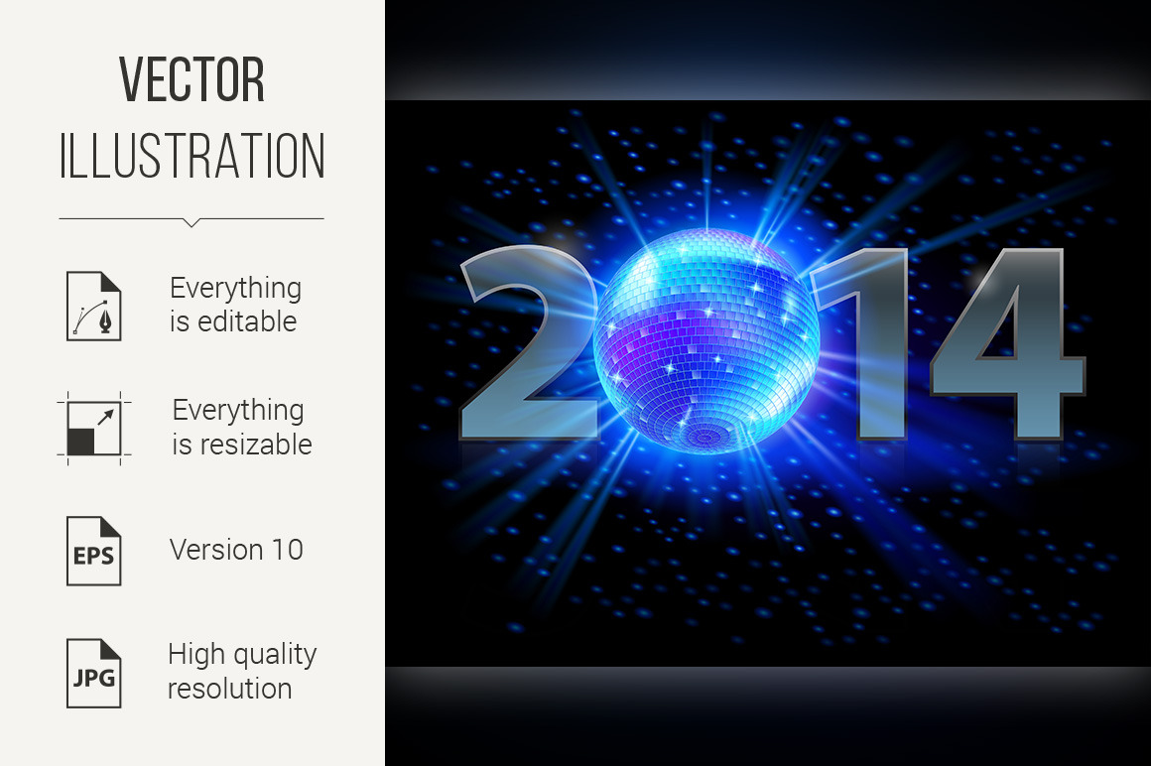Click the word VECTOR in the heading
[x=192, y=80]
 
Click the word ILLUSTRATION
[x=192, y=156]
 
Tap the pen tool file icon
[x=94, y=306]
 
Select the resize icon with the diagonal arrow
[x=94, y=429]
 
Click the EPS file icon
[x=94, y=551]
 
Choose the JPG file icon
[x=94, y=673]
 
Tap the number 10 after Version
[x=288, y=550]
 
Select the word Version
[x=216, y=550]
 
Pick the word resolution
[x=230, y=689]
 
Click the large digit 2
[x=530, y=343]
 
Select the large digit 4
[x=1007, y=343]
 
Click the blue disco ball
[x=706, y=341]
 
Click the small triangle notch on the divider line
[x=192, y=222]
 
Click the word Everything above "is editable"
[x=235, y=289]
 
